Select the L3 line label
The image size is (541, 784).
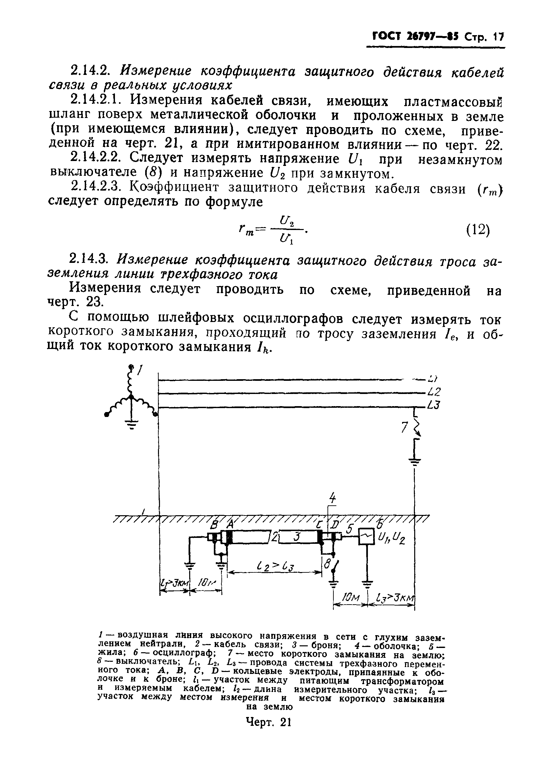(x=434, y=405)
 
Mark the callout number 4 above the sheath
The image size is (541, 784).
(x=333, y=498)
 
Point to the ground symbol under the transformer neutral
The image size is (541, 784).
(x=132, y=424)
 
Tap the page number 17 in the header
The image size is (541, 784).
(x=499, y=36)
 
